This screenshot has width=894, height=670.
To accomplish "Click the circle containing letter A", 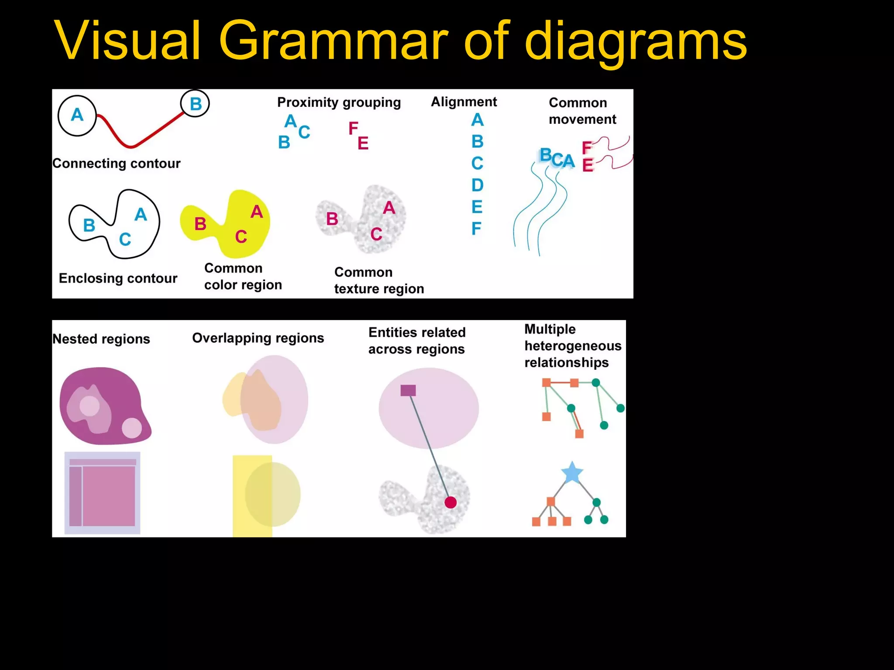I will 77,116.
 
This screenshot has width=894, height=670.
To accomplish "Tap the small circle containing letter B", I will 195,104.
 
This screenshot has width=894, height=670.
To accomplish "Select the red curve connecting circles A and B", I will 131,144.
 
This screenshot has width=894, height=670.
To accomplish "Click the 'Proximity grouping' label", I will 339,103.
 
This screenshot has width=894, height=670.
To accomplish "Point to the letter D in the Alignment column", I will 477,185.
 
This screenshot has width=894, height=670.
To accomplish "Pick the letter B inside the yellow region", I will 200,224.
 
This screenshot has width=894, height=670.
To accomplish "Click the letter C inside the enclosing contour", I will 125,239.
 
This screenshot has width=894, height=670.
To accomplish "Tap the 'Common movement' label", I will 582,111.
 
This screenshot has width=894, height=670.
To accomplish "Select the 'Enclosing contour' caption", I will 118,278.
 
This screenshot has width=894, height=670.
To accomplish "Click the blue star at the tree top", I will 572,472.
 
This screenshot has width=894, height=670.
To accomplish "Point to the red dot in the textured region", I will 450,502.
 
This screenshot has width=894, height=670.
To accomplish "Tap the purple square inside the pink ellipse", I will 408,390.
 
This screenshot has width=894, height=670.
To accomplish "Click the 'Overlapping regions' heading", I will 258,338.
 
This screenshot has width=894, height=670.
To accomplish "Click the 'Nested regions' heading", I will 101,339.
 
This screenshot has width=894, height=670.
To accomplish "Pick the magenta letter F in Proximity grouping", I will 353,129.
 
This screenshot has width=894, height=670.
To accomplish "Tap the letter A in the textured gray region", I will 389,208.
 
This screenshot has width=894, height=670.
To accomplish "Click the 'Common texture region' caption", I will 379,280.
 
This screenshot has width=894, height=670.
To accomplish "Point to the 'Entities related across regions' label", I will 417,341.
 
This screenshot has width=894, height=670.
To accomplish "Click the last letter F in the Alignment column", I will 476,229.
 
